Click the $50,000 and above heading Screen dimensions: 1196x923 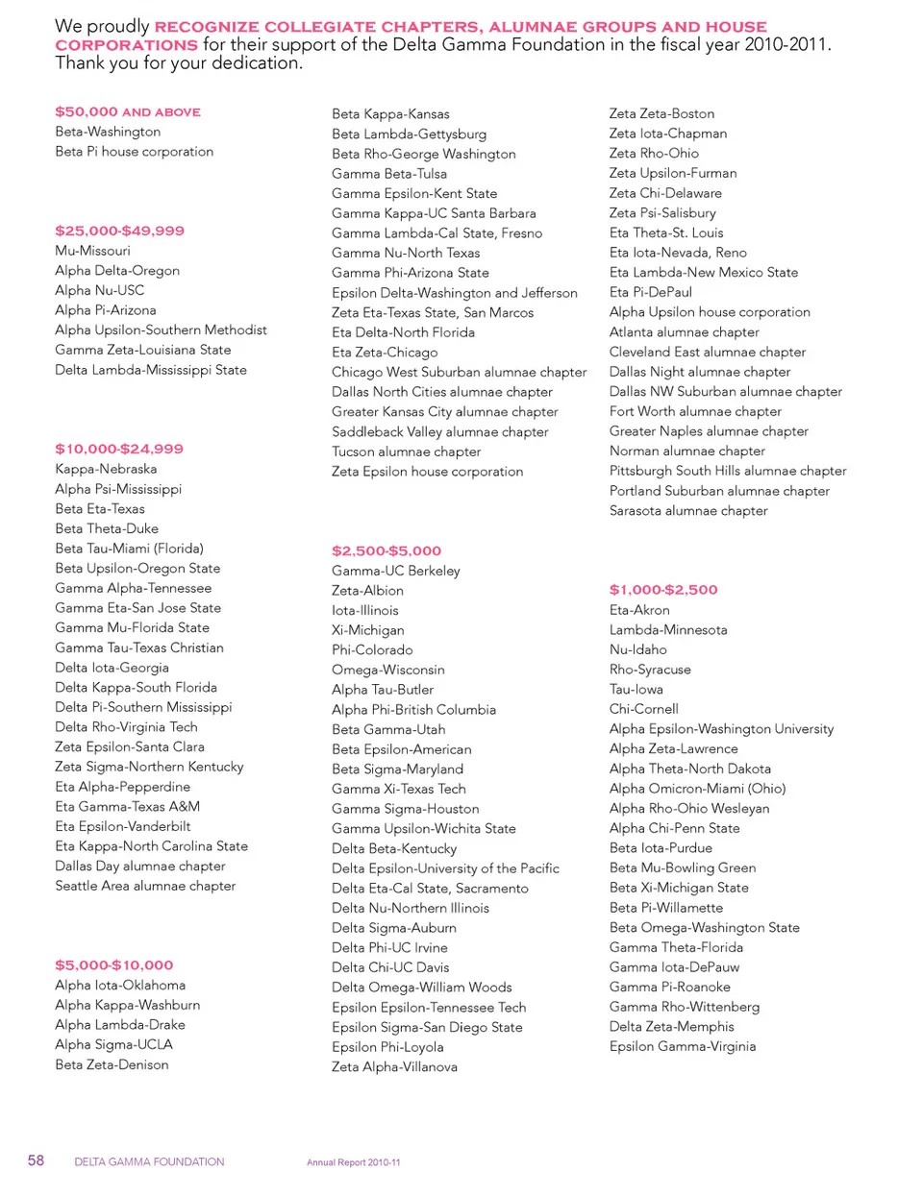tap(128, 112)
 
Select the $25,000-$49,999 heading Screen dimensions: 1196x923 tap(119, 231)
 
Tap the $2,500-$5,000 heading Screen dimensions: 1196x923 tap(387, 551)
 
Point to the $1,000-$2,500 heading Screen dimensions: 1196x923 tap(663, 590)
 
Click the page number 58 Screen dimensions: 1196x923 tap(36, 1160)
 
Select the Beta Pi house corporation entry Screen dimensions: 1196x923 tap(134, 152)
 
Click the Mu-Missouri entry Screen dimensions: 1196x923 tap(92, 251)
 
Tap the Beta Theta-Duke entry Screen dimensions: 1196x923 tap(107, 528)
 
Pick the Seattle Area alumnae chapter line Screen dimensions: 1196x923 tap(145, 886)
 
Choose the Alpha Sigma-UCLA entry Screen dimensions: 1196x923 tap(113, 1044)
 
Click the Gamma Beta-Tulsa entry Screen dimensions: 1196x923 tap(389, 174)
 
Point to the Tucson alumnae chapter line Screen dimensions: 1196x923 tap(406, 452)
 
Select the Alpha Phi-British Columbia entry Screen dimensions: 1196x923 tap(413, 710)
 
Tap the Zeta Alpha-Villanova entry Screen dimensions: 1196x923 tap(394, 1066)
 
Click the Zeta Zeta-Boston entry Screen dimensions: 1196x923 tap(661, 113)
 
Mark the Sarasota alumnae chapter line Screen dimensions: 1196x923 tap(688, 511)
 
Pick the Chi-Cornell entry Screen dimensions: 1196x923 tap(643, 709)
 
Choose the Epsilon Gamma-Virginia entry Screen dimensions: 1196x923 tap(683, 1046)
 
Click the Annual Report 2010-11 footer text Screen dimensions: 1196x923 tap(354, 1162)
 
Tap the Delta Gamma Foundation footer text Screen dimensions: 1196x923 tap(149, 1161)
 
